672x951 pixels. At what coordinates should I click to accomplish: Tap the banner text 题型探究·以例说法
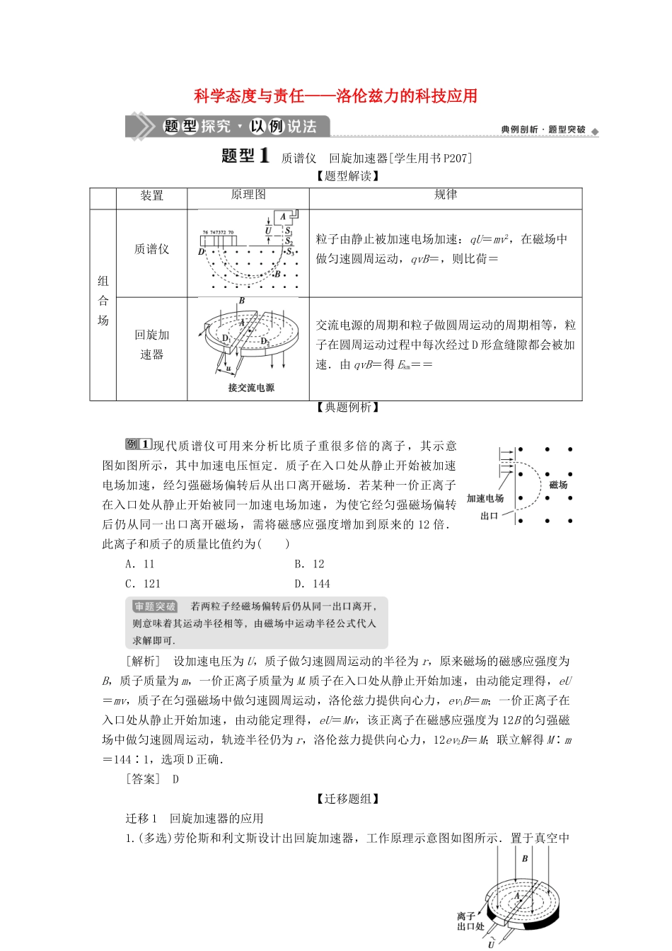coord(240,127)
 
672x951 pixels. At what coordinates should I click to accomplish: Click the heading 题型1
coord(245,156)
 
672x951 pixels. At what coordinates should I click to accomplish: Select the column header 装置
coord(151,195)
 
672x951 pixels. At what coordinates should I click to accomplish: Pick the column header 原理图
coord(248,195)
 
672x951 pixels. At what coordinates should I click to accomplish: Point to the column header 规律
coord(445,195)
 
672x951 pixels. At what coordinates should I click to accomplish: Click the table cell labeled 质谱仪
coord(151,249)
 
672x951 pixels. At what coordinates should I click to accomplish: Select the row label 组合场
coord(103,301)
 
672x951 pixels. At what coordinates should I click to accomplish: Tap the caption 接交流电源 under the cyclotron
coord(250,388)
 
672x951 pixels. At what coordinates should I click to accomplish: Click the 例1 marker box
coord(138,444)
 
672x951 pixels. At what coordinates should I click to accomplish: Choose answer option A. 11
coord(139,564)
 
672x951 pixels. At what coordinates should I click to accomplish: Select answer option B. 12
coord(309,564)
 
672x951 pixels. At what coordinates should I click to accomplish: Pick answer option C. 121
coord(143,584)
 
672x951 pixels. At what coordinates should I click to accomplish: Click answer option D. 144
coord(312,584)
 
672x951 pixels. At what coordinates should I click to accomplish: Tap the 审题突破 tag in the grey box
coord(154,606)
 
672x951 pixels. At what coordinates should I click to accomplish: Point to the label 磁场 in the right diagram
coord(558,485)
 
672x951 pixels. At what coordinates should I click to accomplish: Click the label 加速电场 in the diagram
coord(485,499)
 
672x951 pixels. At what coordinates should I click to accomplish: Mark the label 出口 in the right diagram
coord(489,516)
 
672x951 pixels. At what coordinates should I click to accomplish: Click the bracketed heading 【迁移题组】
coord(347,799)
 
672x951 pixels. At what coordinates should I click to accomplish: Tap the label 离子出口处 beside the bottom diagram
coord(470,921)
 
